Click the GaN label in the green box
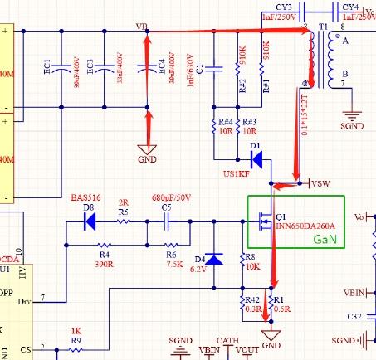tap(325, 239)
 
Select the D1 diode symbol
tap(256, 161)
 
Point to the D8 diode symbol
tap(89, 221)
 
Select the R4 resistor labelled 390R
tap(104, 246)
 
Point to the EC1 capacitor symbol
tap(61, 71)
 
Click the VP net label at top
tap(142, 27)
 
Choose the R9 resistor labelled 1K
tap(76, 349)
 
